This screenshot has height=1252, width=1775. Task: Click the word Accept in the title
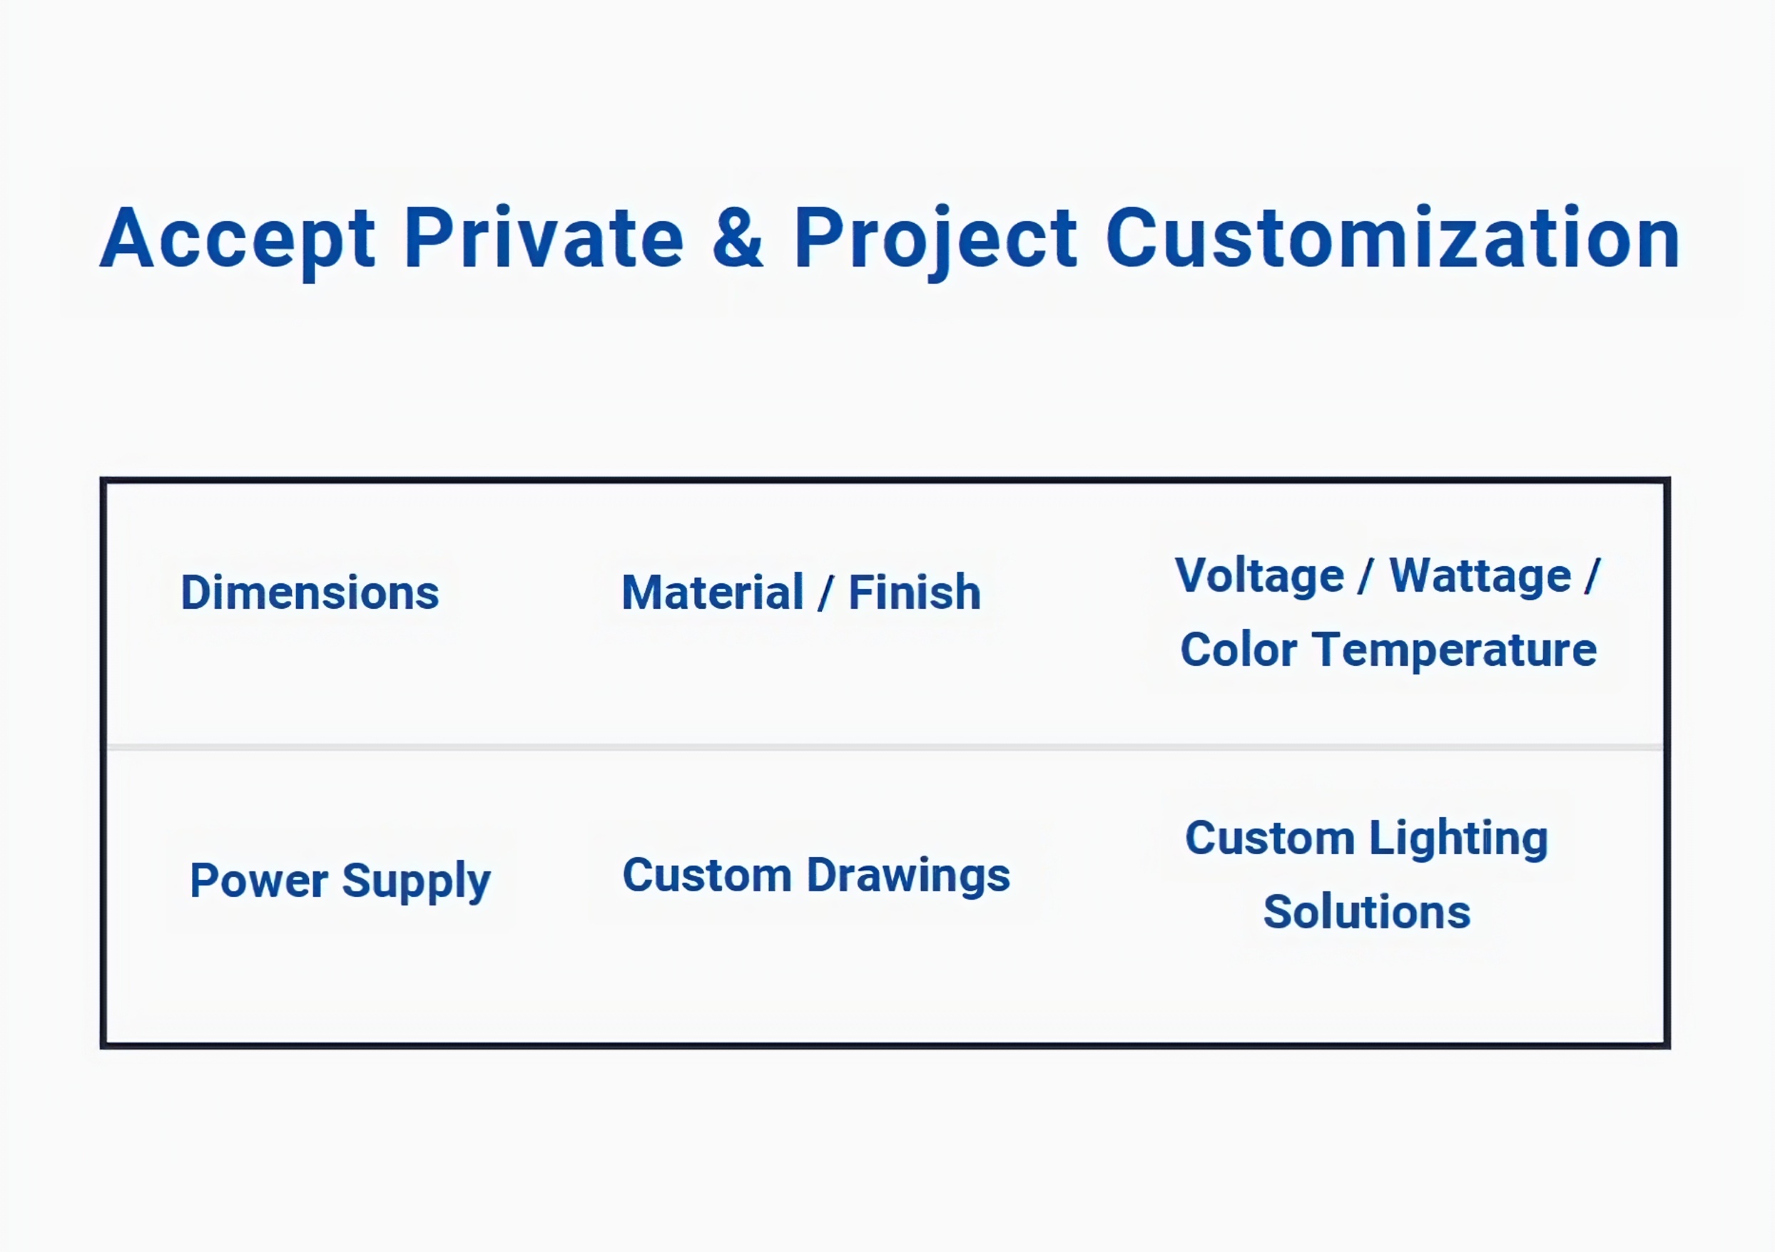pos(238,240)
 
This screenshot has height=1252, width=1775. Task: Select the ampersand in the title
pos(738,237)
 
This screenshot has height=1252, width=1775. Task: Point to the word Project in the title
pos(935,240)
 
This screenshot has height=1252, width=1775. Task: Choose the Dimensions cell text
pos(310,592)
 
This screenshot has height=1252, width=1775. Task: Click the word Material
pos(713,592)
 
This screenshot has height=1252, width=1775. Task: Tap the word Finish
pos(915,592)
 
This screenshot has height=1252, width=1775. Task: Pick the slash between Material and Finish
pos(825,593)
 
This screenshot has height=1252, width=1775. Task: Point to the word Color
pos(1239,650)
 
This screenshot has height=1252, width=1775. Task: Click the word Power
pos(259,881)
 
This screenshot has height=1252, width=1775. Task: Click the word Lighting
pos(1459,839)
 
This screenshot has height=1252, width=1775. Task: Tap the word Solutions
pos(1367,912)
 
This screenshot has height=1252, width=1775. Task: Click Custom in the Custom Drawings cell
pos(708,876)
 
